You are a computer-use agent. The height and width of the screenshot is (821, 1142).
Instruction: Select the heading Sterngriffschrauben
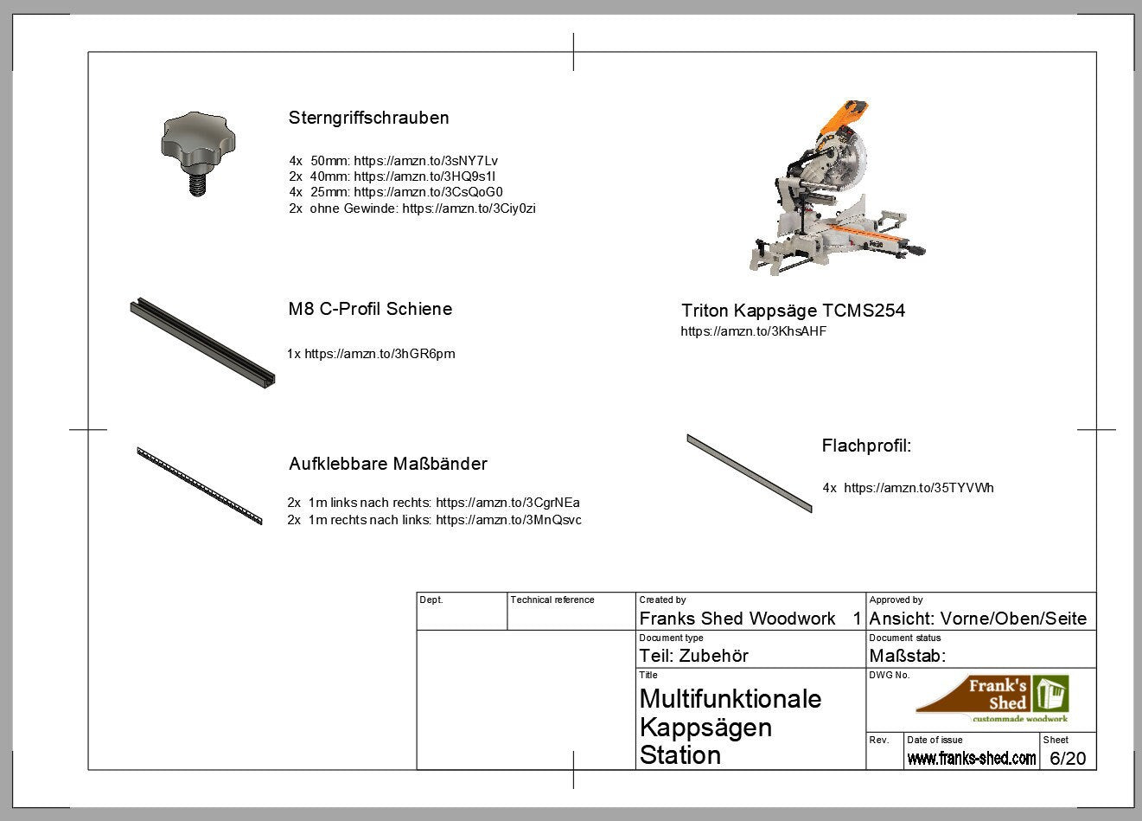point(368,118)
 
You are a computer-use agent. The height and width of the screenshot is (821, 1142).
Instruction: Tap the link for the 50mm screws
point(425,161)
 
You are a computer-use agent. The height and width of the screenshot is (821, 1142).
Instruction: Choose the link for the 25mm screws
point(428,192)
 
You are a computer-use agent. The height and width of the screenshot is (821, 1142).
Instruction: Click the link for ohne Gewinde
point(469,208)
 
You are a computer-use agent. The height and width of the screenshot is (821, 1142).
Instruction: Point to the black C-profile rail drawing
point(202,343)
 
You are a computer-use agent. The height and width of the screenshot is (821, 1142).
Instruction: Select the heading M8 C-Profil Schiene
point(370,309)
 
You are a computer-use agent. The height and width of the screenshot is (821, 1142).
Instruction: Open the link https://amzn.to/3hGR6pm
point(380,354)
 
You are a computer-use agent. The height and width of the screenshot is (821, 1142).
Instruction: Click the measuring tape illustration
point(200,485)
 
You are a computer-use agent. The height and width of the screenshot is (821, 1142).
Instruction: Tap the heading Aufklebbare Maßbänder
point(388,464)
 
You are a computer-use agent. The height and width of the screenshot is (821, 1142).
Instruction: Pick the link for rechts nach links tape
point(509,520)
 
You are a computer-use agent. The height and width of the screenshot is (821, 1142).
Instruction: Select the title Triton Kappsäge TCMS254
point(794,311)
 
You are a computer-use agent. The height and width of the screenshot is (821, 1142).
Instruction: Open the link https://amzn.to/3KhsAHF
point(754,331)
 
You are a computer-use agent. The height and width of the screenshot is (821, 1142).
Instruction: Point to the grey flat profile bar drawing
point(750,473)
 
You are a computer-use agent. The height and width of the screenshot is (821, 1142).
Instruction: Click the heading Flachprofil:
point(866,446)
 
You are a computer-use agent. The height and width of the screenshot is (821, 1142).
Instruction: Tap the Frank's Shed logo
point(992,698)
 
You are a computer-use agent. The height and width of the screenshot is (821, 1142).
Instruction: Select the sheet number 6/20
point(1068,758)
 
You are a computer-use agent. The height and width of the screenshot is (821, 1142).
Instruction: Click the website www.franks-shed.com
point(971,758)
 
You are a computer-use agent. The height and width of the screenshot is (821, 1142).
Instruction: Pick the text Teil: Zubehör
point(693,656)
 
